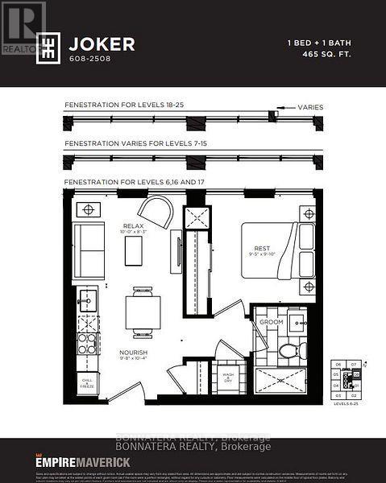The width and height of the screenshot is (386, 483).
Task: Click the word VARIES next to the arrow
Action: pos(311,105)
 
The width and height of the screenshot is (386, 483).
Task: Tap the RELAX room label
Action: pos(134,226)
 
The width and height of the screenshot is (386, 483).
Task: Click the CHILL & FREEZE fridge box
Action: pos(86,384)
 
